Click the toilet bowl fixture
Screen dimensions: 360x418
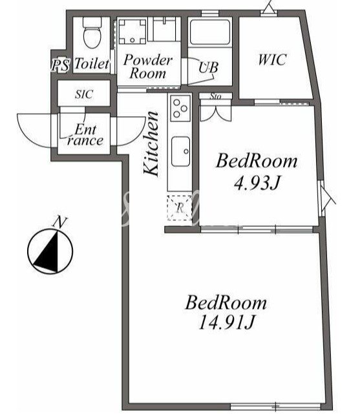pyautogui.click(x=92, y=33)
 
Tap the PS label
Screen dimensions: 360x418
pyautogui.click(x=60, y=65)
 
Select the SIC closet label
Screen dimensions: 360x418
pyautogui.click(x=84, y=94)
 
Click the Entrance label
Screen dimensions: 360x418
pyautogui.click(x=85, y=135)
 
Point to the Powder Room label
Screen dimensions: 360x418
pyautogui.click(x=148, y=67)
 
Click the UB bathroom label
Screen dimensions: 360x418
pyautogui.click(x=208, y=67)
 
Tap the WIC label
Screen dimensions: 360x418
pyautogui.click(x=272, y=59)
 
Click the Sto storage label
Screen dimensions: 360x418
pyautogui.click(x=215, y=96)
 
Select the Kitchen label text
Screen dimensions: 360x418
pyautogui.click(x=151, y=143)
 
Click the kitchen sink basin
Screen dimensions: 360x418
pyautogui.click(x=180, y=151)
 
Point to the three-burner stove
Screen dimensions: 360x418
pyautogui.click(x=180, y=108)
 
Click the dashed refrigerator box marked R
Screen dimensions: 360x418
pyautogui.click(x=180, y=208)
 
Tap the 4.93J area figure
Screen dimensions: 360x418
pyautogui.click(x=257, y=183)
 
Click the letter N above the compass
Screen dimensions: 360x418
pyautogui.click(x=60, y=222)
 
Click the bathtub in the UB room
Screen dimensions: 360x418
pyautogui.click(x=210, y=32)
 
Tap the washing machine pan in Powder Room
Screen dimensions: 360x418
pyautogui.click(x=132, y=32)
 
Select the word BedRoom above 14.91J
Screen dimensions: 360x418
pyautogui.click(x=226, y=302)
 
